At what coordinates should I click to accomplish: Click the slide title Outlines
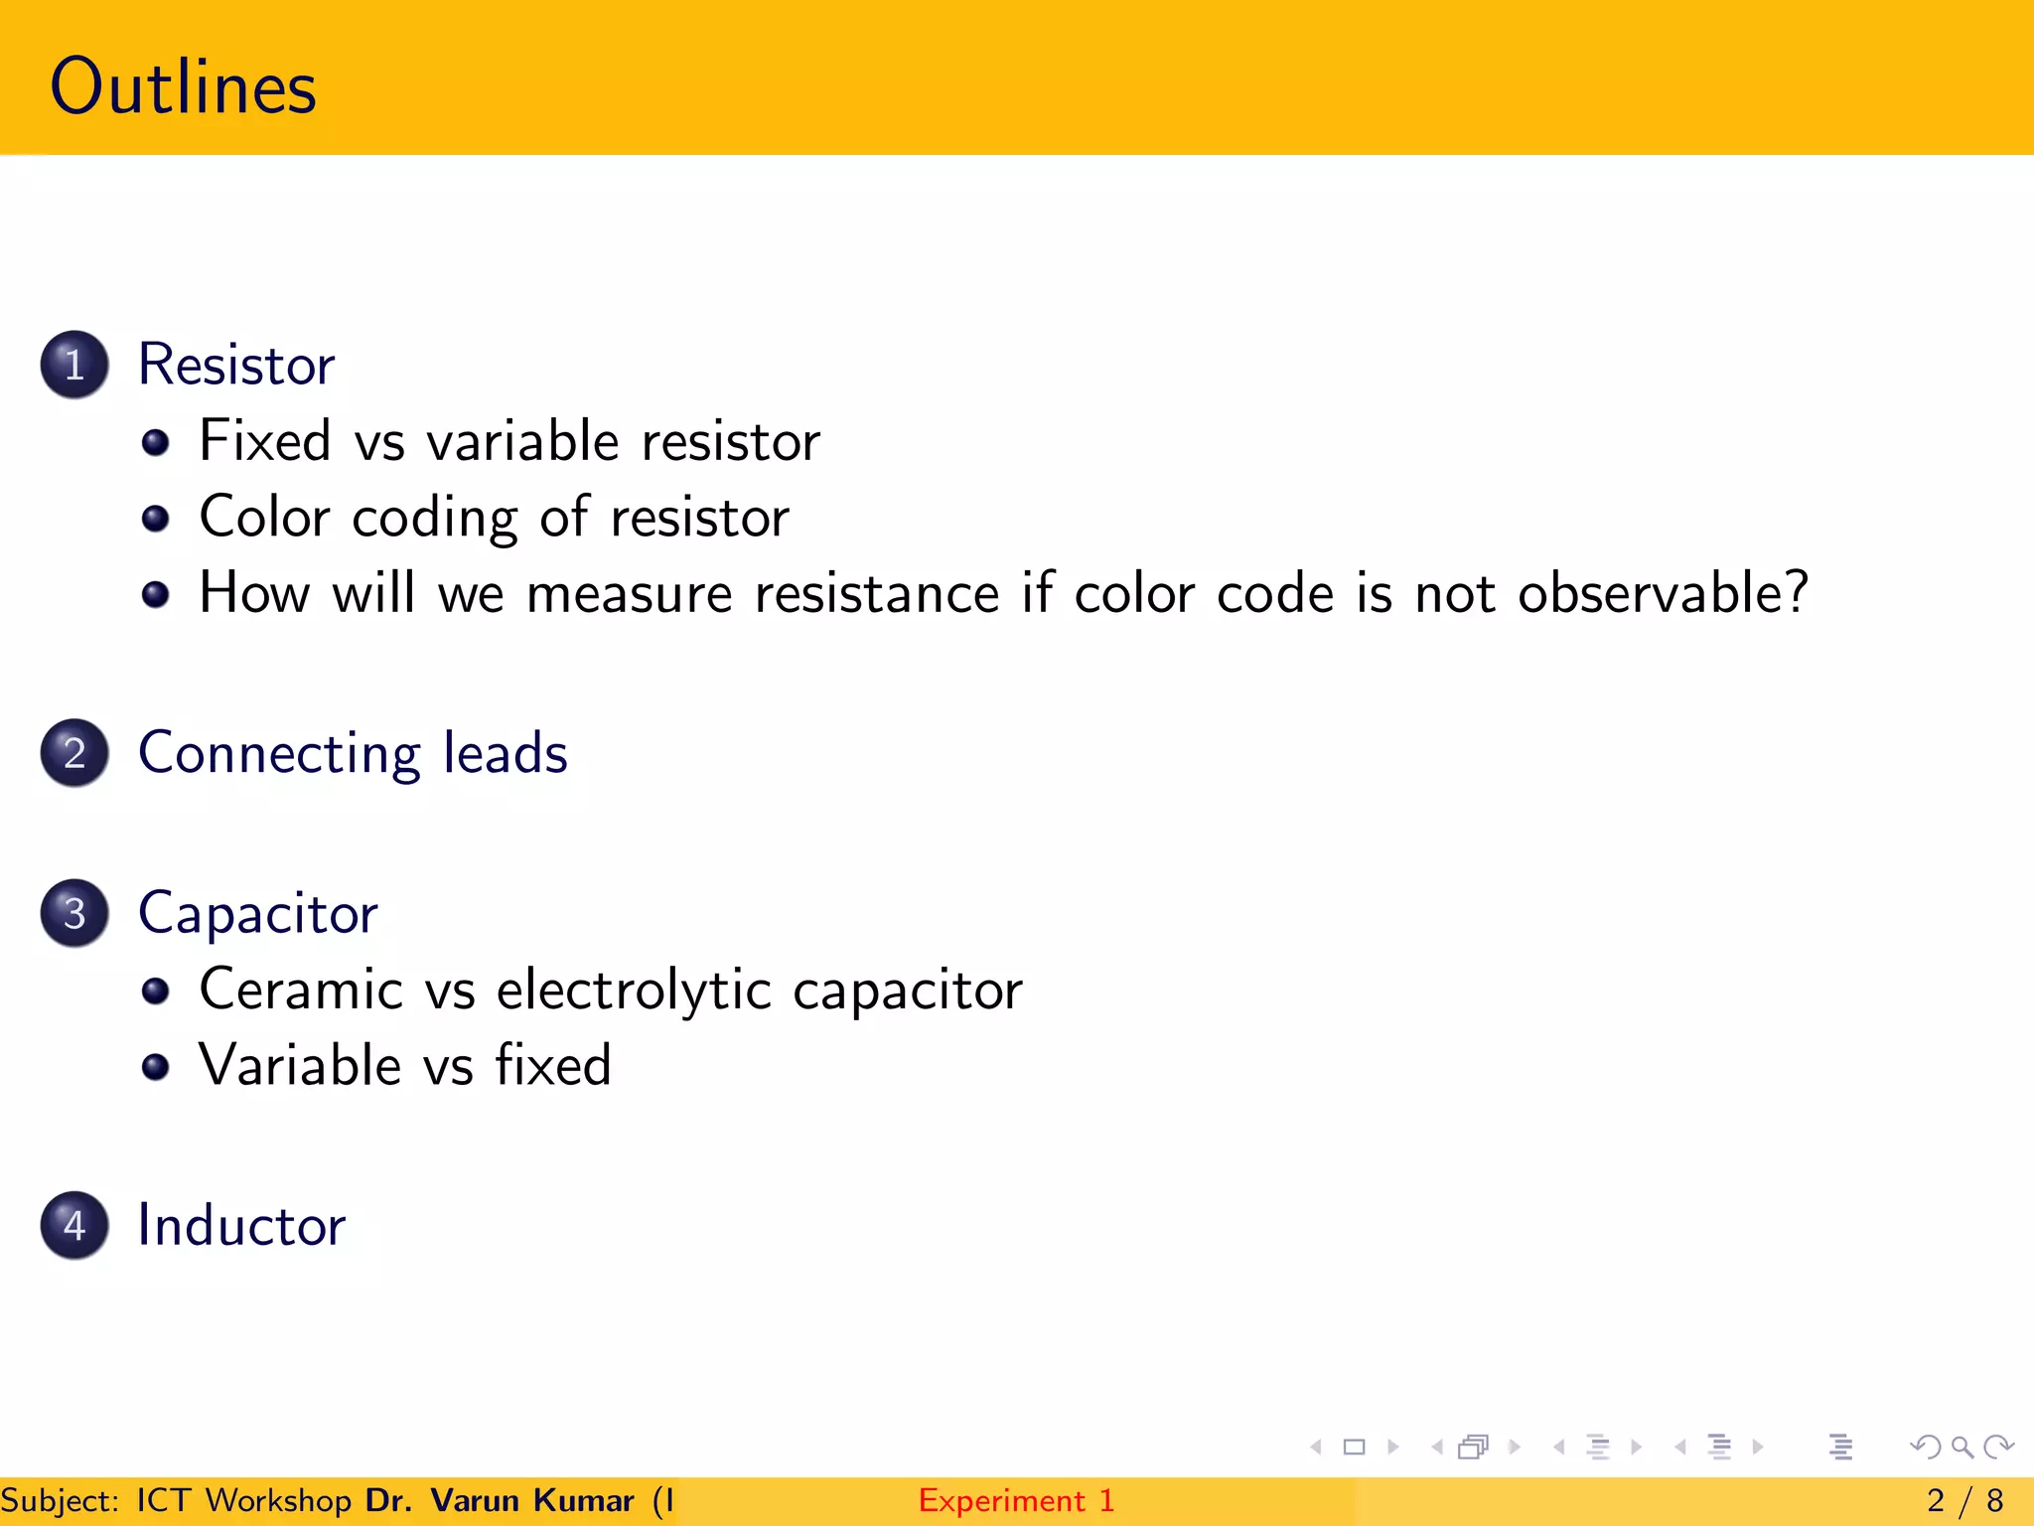[184, 87]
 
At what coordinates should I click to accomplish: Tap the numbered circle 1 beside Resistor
[74, 365]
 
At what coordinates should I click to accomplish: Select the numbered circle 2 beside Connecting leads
[74, 753]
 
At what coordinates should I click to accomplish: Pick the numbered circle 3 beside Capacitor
[74, 913]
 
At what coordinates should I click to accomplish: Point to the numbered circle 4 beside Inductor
[74, 1225]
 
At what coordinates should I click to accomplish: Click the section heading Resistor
[236, 365]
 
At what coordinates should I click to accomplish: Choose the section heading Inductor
[241, 1225]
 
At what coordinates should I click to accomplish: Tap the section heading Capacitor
[258, 913]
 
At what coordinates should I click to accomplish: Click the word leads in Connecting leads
[506, 753]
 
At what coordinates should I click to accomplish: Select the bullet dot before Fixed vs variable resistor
[155, 442]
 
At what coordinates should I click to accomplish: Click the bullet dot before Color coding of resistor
[155, 518]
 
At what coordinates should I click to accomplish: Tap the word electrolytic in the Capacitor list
[634, 991]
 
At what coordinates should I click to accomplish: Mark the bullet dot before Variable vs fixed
[155, 1067]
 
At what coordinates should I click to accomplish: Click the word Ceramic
[301, 991]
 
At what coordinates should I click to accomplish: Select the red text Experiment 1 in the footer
[1016, 1500]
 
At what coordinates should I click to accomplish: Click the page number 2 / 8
[1964, 1500]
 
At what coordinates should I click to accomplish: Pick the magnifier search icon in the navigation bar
[1961, 1448]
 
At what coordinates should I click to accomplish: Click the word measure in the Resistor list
[630, 594]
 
